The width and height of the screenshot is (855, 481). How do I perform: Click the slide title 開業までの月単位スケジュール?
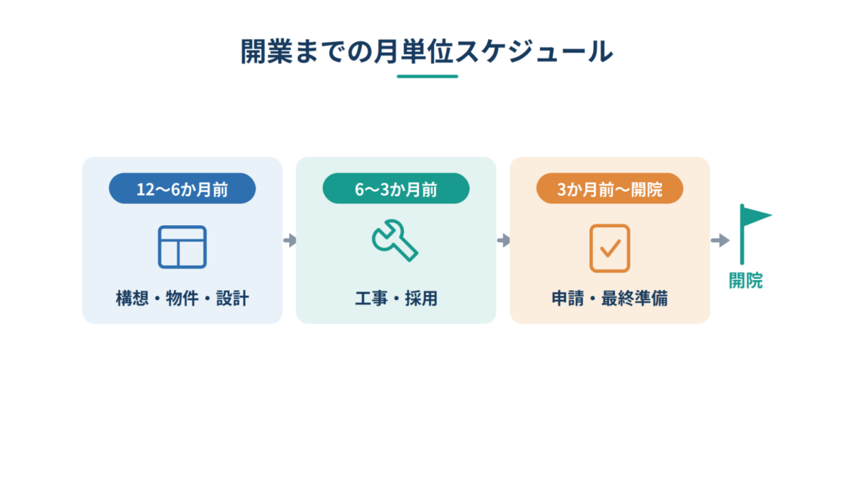click(x=427, y=51)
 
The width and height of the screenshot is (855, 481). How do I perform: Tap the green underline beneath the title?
click(x=427, y=76)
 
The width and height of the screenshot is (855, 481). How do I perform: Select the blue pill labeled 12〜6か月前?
click(x=182, y=188)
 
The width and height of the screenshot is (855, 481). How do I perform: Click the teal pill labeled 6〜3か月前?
click(x=396, y=188)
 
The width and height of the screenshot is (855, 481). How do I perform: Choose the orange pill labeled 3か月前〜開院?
click(x=610, y=188)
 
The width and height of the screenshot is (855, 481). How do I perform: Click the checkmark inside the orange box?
click(x=611, y=249)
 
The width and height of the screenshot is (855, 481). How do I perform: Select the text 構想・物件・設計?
click(x=182, y=298)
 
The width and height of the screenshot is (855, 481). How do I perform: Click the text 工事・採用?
click(x=396, y=298)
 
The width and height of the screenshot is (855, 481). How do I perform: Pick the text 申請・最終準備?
click(x=610, y=298)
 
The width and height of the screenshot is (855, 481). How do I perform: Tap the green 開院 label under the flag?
click(x=745, y=281)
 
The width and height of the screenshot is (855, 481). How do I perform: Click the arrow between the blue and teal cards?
click(x=290, y=240)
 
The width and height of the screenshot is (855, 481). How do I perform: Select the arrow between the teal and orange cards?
click(x=504, y=240)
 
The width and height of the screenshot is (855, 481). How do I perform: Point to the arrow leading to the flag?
click(x=720, y=240)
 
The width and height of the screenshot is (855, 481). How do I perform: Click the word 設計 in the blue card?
click(x=232, y=298)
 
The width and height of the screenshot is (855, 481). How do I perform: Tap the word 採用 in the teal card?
click(x=421, y=298)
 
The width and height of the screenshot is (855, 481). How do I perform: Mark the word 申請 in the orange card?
click(x=568, y=298)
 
